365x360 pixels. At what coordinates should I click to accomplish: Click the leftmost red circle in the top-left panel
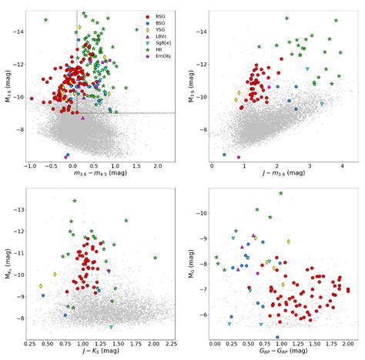point(32,98)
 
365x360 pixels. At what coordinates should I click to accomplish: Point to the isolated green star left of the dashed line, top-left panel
point(46,19)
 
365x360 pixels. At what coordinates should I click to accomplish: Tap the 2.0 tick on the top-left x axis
point(157,166)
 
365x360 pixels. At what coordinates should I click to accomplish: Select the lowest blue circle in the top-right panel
point(224,155)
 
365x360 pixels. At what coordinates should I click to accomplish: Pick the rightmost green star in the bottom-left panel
point(156,258)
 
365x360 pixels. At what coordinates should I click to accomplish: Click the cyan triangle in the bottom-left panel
point(112,327)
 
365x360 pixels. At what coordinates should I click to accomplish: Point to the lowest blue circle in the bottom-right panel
point(277,337)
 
